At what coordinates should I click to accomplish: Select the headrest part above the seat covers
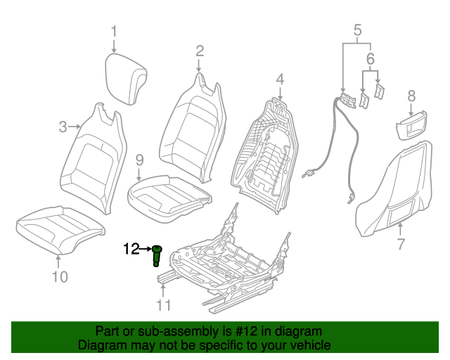(127, 79)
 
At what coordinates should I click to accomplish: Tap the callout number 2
(200, 50)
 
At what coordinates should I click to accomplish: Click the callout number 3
(63, 127)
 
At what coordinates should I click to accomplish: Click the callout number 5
(356, 30)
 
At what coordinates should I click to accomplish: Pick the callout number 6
(371, 60)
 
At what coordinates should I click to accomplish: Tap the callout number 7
(401, 245)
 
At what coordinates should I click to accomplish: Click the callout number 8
(411, 95)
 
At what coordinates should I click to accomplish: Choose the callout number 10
(60, 276)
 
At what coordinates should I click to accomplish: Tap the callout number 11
(163, 304)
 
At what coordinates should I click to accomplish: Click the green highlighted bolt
(157, 257)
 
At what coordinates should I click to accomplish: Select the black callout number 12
(131, 248)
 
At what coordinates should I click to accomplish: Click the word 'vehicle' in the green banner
(309, 345)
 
